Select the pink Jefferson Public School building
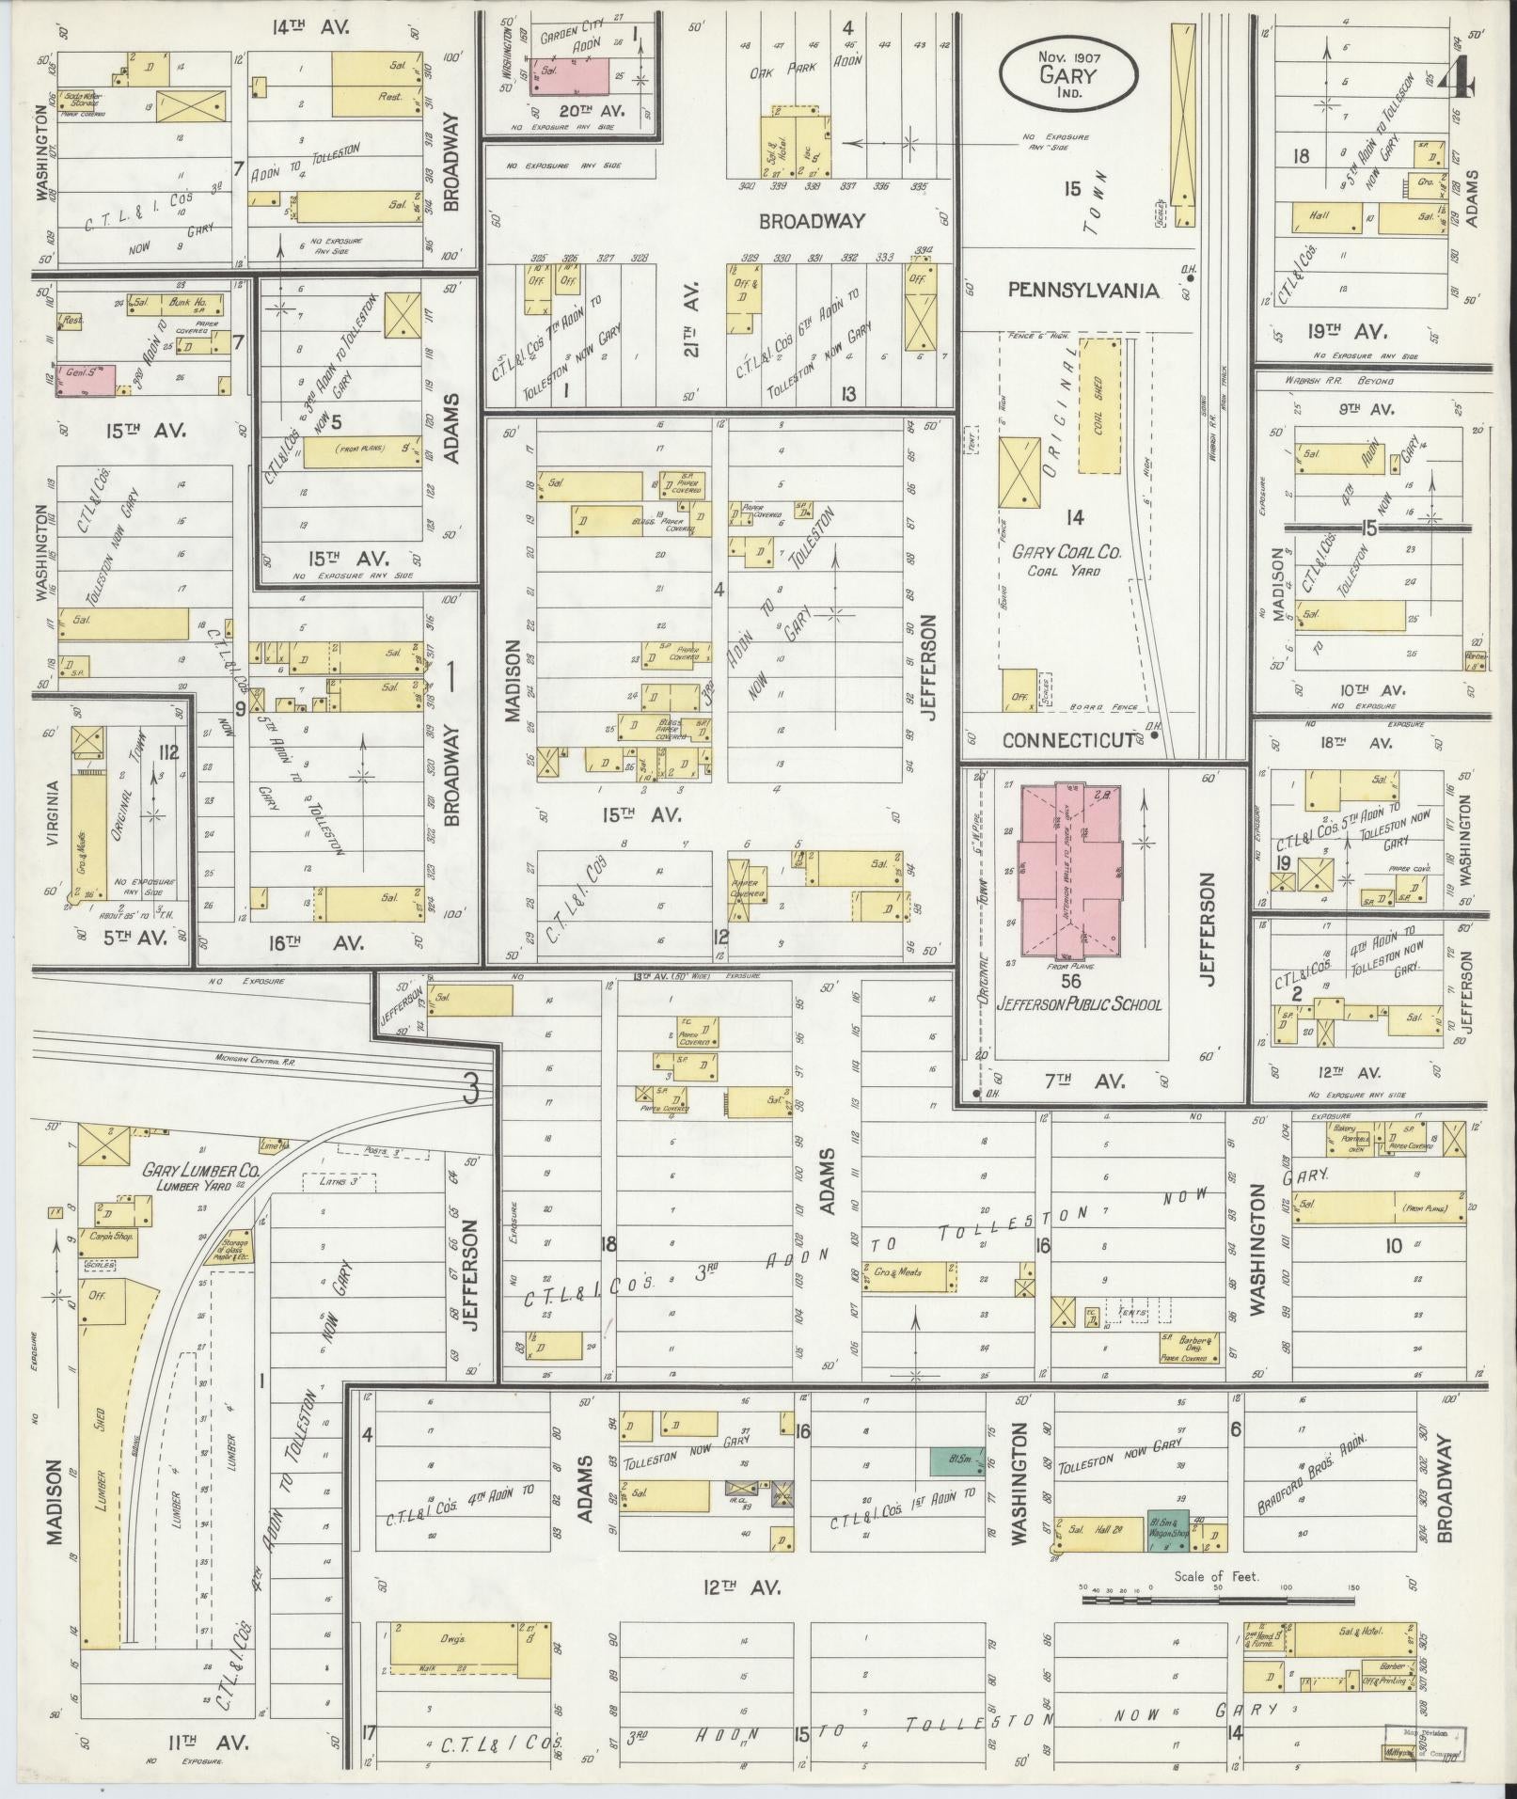point(1069,865)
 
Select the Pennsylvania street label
point(1082,291)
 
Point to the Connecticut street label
point(1067,740)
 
